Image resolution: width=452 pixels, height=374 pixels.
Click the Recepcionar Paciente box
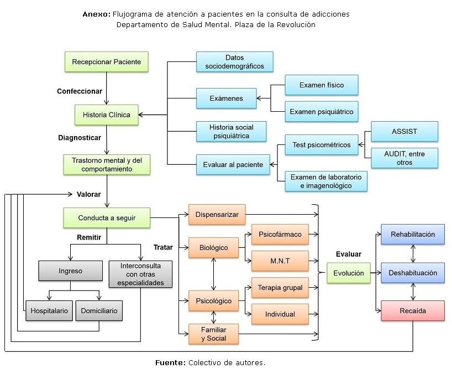(x=107, y=61)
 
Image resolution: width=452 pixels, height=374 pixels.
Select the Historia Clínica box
(x=107, y=115)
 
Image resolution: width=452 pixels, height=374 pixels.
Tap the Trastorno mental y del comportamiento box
(x=107, y=165)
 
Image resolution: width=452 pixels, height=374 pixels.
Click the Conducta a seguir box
(x=107, y=217)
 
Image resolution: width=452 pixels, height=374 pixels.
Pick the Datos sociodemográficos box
(x=234, y=62)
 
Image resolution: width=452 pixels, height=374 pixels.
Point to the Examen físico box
(x=321, y=85)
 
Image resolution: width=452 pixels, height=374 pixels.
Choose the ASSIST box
(x=404, y=132)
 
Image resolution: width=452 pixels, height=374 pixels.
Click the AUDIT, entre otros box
(x=404, y=158)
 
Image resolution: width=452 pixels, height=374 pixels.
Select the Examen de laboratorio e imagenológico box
(x=325, y=181)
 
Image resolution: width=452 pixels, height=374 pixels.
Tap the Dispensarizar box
(x=217, y=215)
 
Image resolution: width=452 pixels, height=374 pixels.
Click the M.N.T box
(x=280, y=261)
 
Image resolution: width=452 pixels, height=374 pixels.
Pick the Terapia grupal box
(x=280, y=288)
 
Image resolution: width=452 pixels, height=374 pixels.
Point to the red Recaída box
(x=413, y=311)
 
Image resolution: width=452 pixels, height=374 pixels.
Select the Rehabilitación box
(x=413, y=234)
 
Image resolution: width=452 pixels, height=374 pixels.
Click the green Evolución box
(x=348, y=273)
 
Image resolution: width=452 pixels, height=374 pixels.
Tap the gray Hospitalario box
(x=49, y=311)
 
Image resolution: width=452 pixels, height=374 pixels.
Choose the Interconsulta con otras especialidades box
(x=140, y=274)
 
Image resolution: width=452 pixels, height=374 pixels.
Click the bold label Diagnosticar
(x=80, y=138)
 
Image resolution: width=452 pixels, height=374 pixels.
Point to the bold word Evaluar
(x=348, y=254)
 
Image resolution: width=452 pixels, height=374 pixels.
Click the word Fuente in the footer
(x=170, y=363)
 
